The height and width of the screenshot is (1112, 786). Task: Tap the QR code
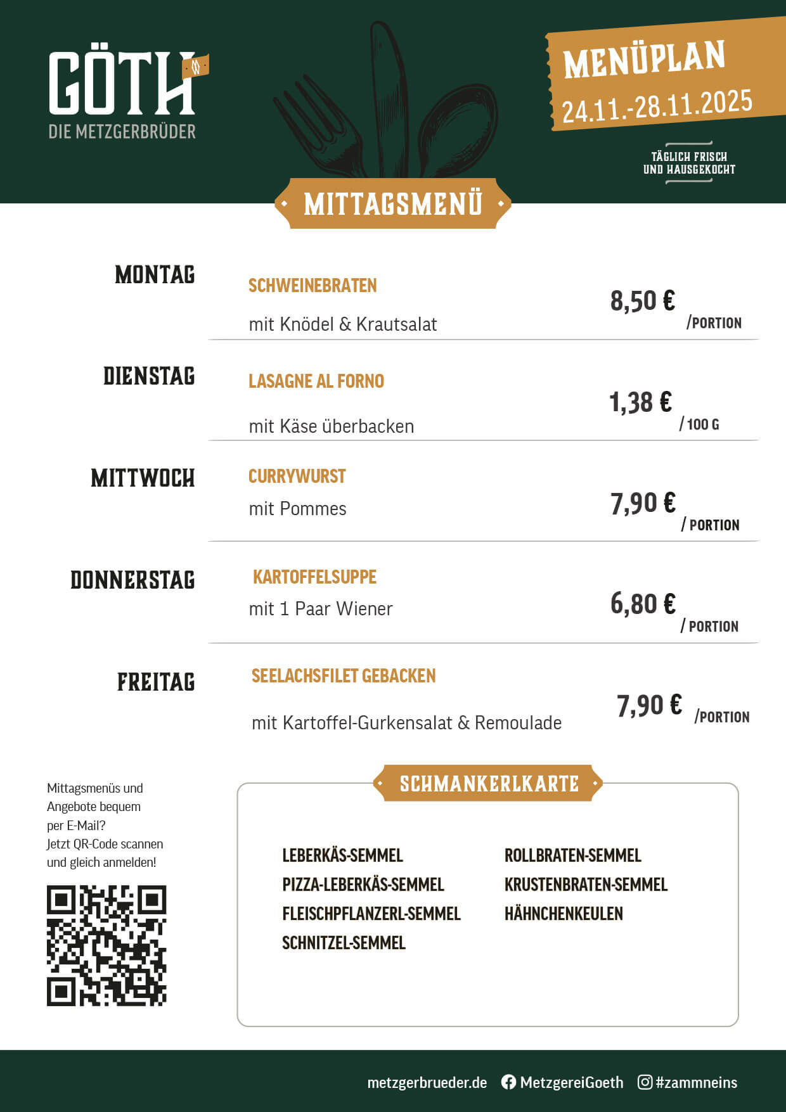pyautogui.click(x=106, y=945)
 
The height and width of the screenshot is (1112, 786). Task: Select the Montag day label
pyautogui.click(x=155, y=275)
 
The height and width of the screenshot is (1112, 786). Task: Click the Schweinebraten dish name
pyautogui.click(x=312, y=286)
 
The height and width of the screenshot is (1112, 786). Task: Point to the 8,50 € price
pyautogui.click(x=642, y=301)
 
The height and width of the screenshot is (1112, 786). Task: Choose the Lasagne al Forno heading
pyautogui.click(x=316, y=381)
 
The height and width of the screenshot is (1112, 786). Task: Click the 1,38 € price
pyautogui.click(x=640, y=402)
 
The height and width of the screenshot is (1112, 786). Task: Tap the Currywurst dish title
pyautogui.click(x=297, y=476)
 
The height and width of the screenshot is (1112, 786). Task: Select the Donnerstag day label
pyautogui.click(x=132, y=580)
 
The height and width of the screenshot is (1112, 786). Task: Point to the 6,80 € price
pyautogui.click(x=643, y=604)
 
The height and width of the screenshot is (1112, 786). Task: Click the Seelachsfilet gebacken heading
pyautogui.click(x=344, y=676)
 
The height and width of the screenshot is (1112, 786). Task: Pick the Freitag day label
pyautogui.click(x=156, y=682)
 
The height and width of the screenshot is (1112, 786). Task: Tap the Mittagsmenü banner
pyautogui.click(x=393, y=204)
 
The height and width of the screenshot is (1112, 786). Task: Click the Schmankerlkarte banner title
pyautogui.click(x=489, y=784)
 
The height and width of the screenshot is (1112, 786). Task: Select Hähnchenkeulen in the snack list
pyautogui.click(x=564, y=914)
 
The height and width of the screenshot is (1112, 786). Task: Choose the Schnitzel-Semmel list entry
pyautogui.click(x=344, y=943)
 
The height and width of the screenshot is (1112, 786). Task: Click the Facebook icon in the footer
pyautogui.click(x=508, y=1082)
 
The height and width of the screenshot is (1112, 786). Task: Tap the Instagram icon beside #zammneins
pyautogui.click(x=645, y=1082)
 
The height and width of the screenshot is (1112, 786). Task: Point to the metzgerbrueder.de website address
pyautogui.click(x=427, y=1083)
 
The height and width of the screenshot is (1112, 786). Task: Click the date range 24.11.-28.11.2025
pyautogui.click(x=657, y=106)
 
